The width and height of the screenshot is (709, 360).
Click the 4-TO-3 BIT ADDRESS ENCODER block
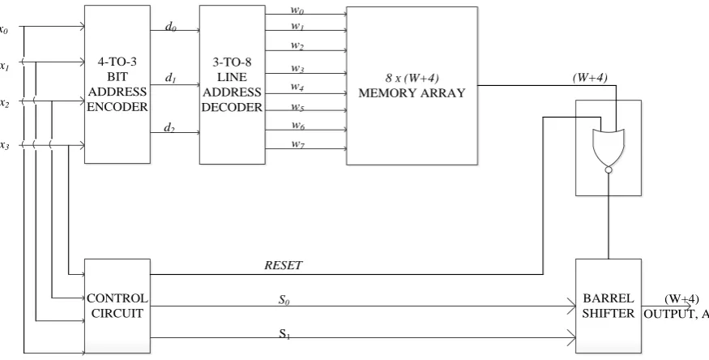tap(117, 84)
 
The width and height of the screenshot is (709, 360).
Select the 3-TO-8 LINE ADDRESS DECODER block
tap(233, 84)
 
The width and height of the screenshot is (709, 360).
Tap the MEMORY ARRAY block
tap(412, 85)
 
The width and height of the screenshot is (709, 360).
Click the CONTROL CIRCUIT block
tap(117, 306)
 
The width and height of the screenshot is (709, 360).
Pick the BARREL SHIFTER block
tap(609, 306)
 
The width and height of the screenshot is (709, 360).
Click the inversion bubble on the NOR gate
tap(609, 170)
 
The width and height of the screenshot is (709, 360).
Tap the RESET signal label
tap(283, 265)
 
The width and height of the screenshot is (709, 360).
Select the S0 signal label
tap(284, 300)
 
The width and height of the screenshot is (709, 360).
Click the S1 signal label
tap(284, 334)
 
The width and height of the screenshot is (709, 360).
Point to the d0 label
tap(170, 27)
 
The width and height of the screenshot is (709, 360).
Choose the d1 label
tap(170, 78)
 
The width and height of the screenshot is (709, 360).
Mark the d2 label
tap(169, 128)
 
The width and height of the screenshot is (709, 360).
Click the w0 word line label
tap(297, 10)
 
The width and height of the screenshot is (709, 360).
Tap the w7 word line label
tap(297, 144)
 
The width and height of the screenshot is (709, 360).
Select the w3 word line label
tap(297, 69)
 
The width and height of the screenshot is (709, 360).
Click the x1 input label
tap(5, 66)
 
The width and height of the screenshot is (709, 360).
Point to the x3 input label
tap(5, 145)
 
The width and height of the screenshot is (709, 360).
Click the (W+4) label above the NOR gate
tap(590, 78)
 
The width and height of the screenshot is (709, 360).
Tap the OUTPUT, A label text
tap(676, 314)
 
